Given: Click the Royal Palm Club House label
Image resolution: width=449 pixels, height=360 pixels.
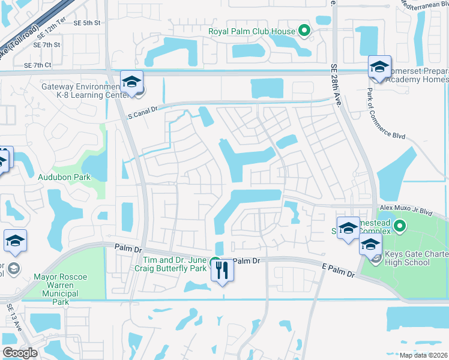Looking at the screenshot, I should point(252,31).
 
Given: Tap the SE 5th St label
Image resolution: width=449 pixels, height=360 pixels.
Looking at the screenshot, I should point(87,23).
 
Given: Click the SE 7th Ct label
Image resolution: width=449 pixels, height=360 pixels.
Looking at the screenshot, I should point(38,65).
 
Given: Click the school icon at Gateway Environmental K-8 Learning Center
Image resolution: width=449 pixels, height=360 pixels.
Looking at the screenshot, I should point(131,81).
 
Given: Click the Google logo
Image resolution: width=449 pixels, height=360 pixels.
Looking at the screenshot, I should point(20,353).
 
